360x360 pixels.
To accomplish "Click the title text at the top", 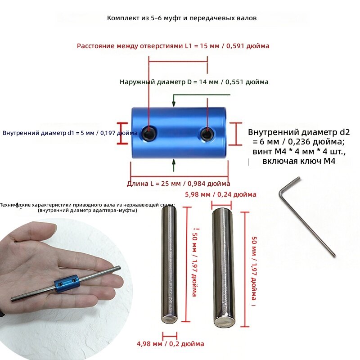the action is point(182,18).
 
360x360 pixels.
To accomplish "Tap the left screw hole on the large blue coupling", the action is point(149,133).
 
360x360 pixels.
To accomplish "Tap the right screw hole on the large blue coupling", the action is point(207,134).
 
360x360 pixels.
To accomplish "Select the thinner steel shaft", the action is point(170,264).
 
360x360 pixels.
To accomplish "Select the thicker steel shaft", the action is point(223,268).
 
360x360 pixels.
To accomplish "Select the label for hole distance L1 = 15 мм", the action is point(173,46).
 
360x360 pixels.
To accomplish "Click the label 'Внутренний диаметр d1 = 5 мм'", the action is point(48,133).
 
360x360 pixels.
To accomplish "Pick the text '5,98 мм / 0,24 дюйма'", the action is point(220,194).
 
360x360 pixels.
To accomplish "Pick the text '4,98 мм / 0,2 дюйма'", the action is point(171,344).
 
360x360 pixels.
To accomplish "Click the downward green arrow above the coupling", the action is point(174,100).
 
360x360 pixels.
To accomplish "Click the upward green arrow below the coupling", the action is point(174,165).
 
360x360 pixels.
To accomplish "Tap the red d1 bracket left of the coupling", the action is point(122,133).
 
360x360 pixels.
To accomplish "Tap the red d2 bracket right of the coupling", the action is point(236,134).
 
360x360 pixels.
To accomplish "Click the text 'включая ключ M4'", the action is point(299,161).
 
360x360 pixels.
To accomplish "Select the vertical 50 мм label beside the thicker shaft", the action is point(254,268).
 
